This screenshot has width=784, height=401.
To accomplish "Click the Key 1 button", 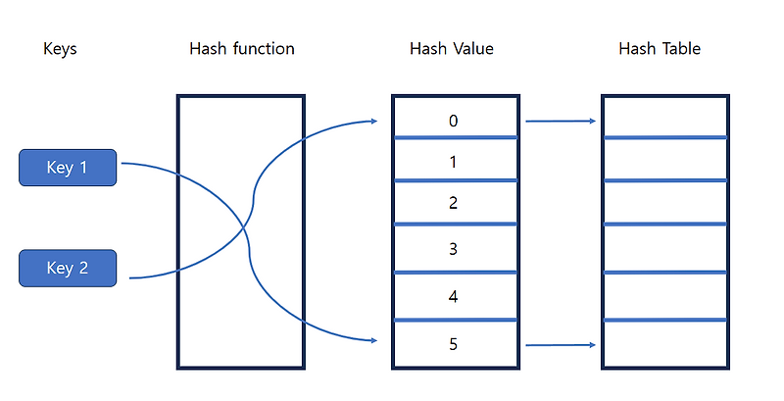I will pyautogui.click(x=68, y=168).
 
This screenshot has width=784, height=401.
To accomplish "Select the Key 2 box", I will pyautogui.click(x=68, y=268).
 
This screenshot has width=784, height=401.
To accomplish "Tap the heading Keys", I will pyautogui.click(x=60, y=48).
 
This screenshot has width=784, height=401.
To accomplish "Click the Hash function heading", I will pyautogui.click(x=241, y=48).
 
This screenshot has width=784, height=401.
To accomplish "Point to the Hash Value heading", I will pyautogui.click(x=452, y=48).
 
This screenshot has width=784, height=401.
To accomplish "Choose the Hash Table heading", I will pyautogui.click(x=660, y=48).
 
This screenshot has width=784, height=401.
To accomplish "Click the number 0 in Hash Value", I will pyautogui.click(x=453, y=122).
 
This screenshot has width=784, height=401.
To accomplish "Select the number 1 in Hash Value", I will pyautogui.click(x=453, y=162).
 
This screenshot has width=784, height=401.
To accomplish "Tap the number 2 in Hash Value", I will pyautogui.click(x=453, y=203).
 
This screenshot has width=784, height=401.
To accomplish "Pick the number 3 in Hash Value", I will pyautogui.click(x=453, y=249).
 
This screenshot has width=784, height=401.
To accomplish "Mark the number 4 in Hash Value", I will pyautogui.click(x=453, y=296).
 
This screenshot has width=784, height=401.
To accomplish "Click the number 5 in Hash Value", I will pyautogui.click(x=453, y=344).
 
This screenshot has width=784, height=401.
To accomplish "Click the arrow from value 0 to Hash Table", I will pyautogui.click(x=561, y=122).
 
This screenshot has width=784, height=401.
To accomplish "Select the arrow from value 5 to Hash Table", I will pyautogui.click(x=561, y=345).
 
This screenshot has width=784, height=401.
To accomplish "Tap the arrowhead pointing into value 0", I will pyautogui.click(x=374, y=122).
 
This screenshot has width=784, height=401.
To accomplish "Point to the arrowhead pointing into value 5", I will pyautogui.click(x=374, y=340).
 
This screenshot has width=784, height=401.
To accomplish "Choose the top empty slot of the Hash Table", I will pyautogui.click(x=664, y=117).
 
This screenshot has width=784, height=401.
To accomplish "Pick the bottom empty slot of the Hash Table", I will pyautogui.click(x=664, y=344).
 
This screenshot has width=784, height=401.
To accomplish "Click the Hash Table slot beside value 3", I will pyautogui.click(x=664, y=249).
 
